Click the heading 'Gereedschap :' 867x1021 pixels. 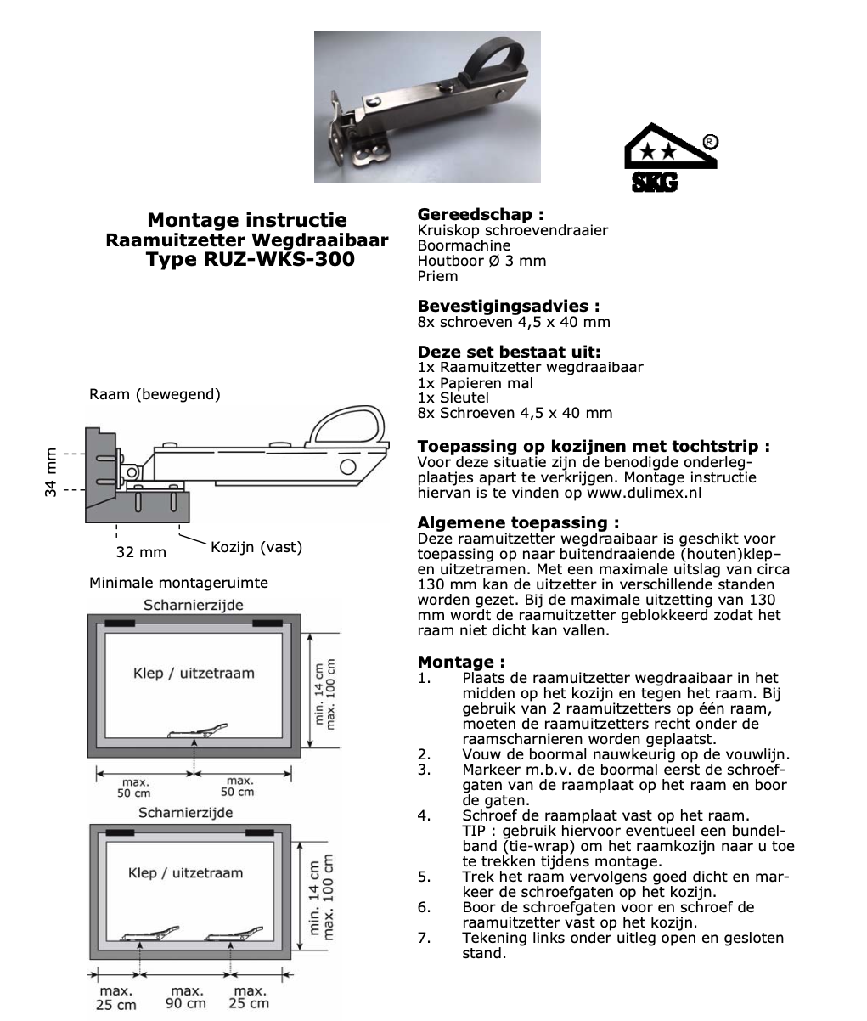[x=480, y=215]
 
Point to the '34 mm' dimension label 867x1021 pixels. [x=52, y=471]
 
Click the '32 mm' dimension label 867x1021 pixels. [x=141, y=552]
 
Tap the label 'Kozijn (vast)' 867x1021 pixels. [x=256, y=547]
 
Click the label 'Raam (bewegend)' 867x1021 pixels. [x=155, y=394]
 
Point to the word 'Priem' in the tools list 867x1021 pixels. [x=437, y=276]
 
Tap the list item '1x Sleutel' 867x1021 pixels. [x=453, y=398]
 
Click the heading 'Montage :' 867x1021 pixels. [x=461, y=662]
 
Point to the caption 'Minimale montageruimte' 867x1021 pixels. [x=178, y=583]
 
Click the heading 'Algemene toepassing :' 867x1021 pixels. [x=518, y=522]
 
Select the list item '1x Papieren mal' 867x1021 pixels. [x=476, y=383]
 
